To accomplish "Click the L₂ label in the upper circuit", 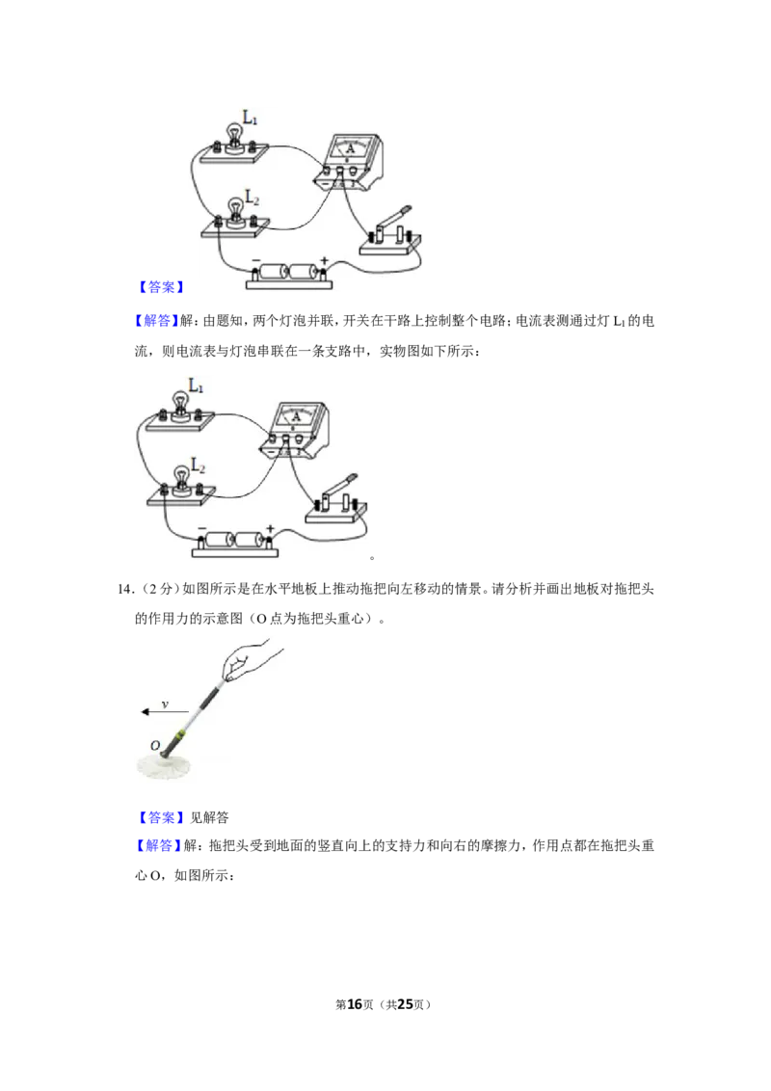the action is coord(252,198).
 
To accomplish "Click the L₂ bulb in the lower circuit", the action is coord(181,477).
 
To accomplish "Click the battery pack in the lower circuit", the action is coord(235,544).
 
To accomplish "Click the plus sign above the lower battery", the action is coord(270,529).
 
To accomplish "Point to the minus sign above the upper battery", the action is coord(255,262).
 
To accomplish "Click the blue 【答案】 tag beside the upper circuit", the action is coord(161,287).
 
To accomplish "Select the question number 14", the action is coord(124,589).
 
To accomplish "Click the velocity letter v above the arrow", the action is coord(165,705).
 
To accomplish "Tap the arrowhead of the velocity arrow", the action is coord(146,712).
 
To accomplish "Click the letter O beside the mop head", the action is coord(155,746).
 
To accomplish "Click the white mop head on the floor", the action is coord(166,766).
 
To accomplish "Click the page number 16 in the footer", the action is coord(355,1004).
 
